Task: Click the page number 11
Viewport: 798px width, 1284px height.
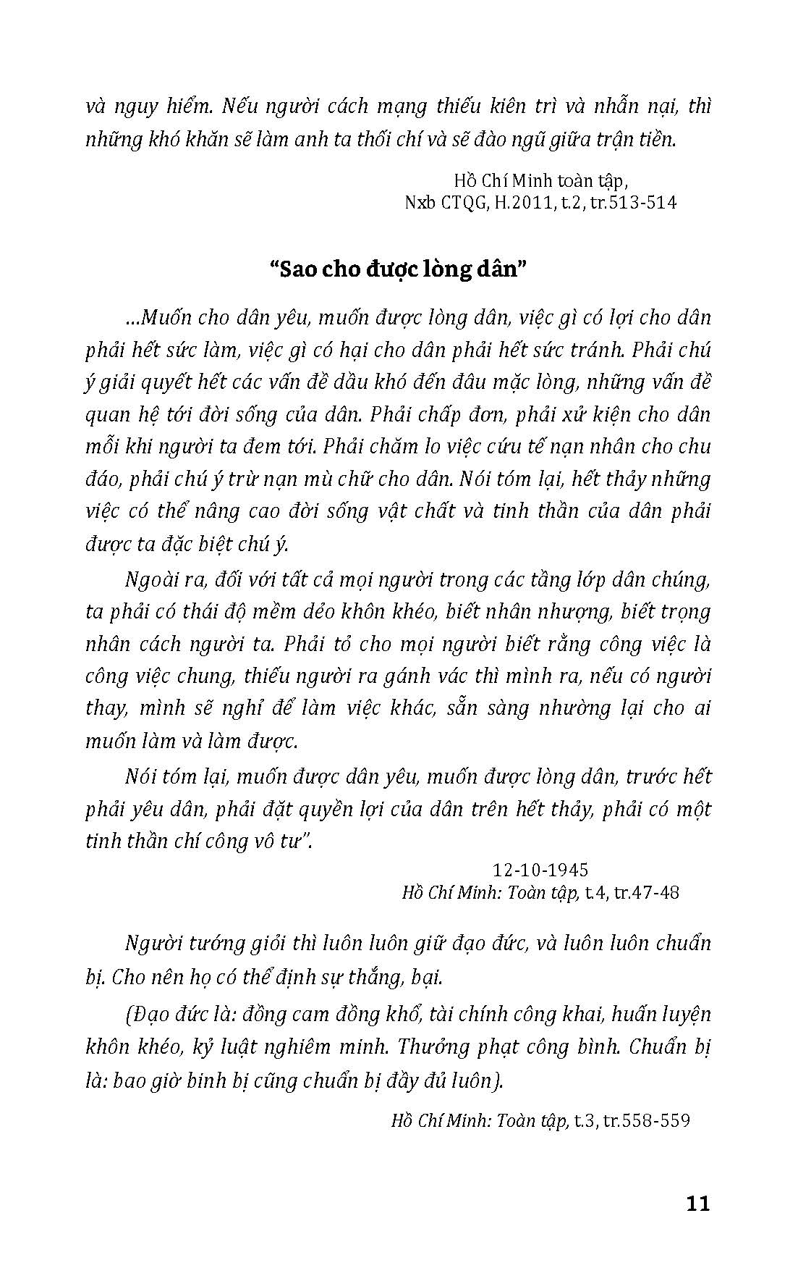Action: (697, 1203)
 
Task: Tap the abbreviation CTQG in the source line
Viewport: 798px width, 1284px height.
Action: (460, 203)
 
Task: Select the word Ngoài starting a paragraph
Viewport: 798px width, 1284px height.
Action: (151, 580)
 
